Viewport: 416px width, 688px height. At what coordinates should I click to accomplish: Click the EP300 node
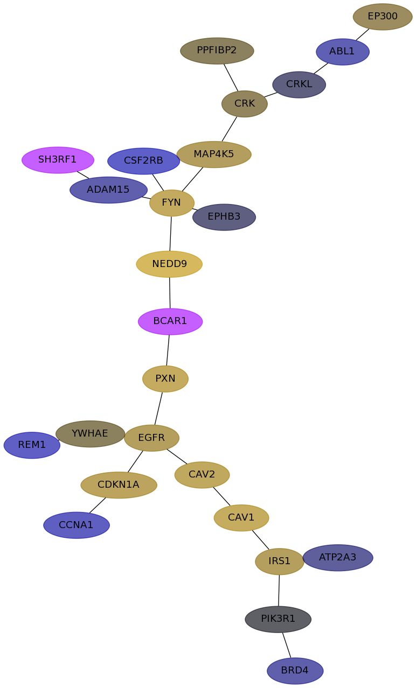click(382, 17)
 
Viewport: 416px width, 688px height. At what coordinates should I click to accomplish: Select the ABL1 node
click(342, 52)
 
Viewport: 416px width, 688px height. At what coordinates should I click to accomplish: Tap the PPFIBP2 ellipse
click(217, 51)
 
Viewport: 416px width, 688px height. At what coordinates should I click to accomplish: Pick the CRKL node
click(299, 85)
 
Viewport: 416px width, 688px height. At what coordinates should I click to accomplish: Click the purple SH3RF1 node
click(58, 160)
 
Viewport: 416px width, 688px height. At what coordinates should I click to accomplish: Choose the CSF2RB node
click(143, 161)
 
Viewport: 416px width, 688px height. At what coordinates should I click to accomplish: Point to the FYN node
click(171, 203)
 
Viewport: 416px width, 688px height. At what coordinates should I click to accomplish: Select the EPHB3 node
click(224, 217)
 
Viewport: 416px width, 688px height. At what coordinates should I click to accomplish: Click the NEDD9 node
click(169, 264)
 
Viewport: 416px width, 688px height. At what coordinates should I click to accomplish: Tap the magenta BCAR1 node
click(170, 321)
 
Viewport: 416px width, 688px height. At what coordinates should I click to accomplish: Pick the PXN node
click(165, 378)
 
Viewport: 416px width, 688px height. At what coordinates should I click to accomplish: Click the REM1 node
click(32, 445)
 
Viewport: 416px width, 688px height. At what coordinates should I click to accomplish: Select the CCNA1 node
click(77, 525)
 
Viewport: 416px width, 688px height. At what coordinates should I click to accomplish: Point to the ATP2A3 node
click(338, 558)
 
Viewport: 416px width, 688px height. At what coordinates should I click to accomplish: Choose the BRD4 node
click(295, 671)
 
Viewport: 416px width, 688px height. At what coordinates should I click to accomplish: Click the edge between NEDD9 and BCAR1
click(170, 293)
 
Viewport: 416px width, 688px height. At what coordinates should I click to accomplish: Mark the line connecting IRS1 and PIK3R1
click(279, 591)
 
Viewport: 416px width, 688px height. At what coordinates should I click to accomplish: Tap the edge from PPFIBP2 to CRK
click(231, 78)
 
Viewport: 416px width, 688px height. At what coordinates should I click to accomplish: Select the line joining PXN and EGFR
click(158, 409)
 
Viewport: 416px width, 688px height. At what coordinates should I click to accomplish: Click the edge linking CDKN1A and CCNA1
click(98, 506)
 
